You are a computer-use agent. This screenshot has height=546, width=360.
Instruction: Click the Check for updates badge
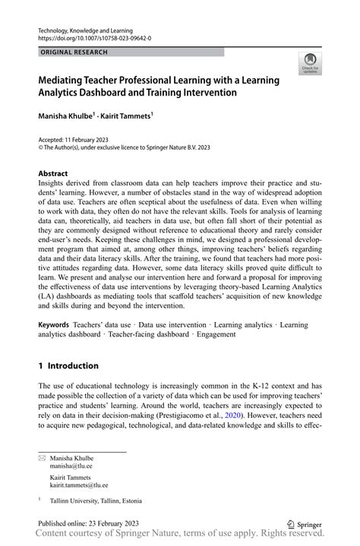(309, 64)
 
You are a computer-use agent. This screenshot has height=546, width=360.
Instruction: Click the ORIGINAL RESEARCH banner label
(73, 52)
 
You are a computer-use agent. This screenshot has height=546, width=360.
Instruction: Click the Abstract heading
(53, 172)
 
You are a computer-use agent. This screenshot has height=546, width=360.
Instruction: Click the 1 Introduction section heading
(68, 365)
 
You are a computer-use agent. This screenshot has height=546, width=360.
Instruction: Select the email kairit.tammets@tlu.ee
(79, 484)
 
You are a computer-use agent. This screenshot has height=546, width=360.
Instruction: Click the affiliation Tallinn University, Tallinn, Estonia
(94, 500)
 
